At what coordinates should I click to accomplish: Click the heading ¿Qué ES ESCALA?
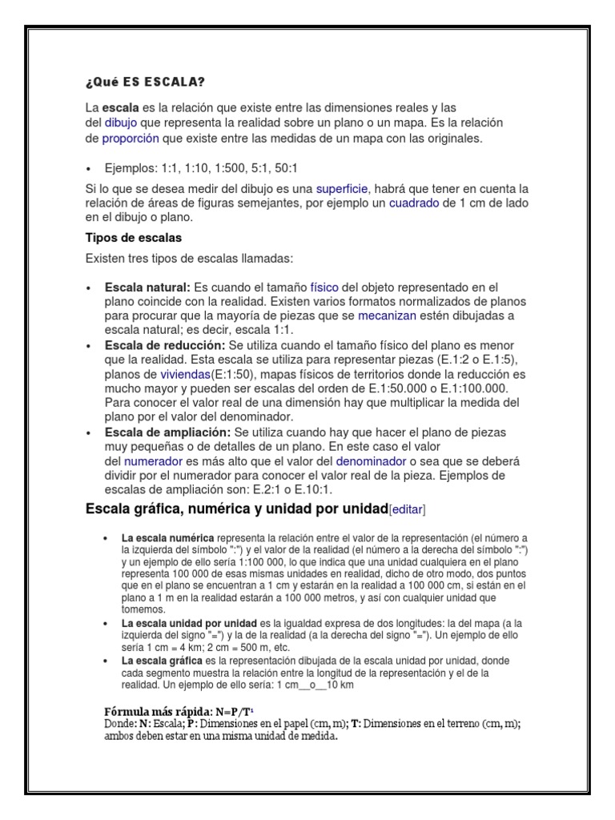click(x=145, y=82)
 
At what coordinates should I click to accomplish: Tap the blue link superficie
click(x=341, y=189)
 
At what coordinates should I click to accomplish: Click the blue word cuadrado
click(x=414, y=203)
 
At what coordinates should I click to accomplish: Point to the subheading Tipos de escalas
click(x=133, y=238)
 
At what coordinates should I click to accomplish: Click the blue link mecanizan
click(x=388, y=316)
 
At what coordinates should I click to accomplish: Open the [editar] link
click(x=407, y=510)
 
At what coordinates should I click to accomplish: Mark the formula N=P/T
click(x=232, y=711)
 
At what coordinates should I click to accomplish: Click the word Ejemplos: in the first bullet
click(x=132, y=169)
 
